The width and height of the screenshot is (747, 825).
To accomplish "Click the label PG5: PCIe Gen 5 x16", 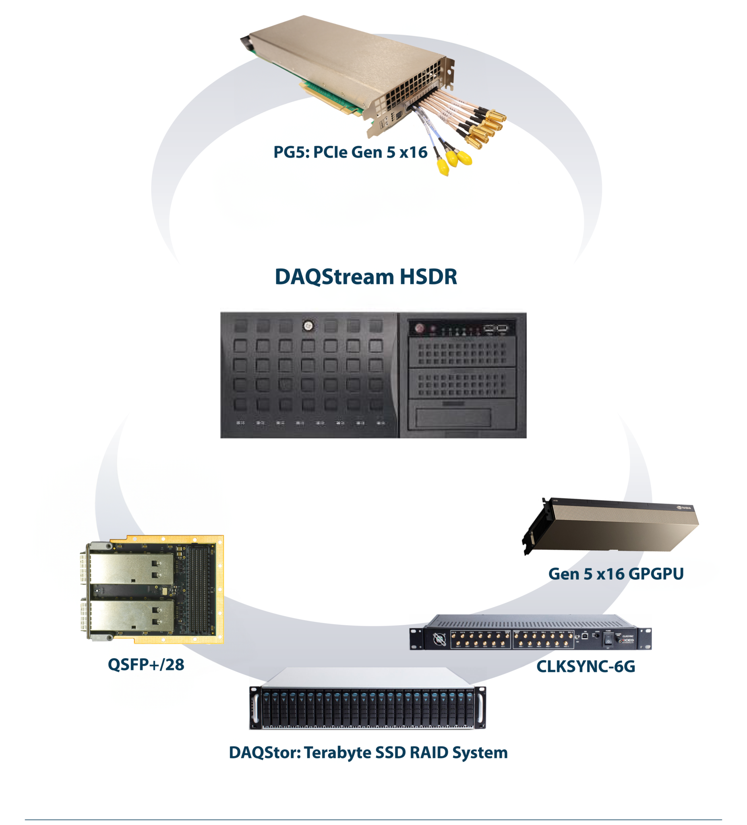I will tap(350, 152).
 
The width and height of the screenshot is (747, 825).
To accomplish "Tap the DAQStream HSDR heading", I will tap(365, 277).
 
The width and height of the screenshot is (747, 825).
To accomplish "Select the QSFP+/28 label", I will tap(146, 664).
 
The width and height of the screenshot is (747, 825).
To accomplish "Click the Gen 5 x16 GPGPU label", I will tap(615, 574).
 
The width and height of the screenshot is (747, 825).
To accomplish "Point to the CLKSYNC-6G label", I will tap(586, 666).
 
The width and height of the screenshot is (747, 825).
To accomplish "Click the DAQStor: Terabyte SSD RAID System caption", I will tap(368, 752).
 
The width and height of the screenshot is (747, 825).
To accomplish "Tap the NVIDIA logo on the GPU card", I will tap(684, 508).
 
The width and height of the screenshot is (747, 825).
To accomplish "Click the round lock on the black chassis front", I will tap(308, 326).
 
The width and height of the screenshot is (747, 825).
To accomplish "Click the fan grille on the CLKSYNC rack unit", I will tap(439, 639).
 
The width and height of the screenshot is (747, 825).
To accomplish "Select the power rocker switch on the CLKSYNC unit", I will tap(608, 639).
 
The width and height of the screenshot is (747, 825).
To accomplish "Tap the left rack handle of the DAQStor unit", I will tap(255, 707).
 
